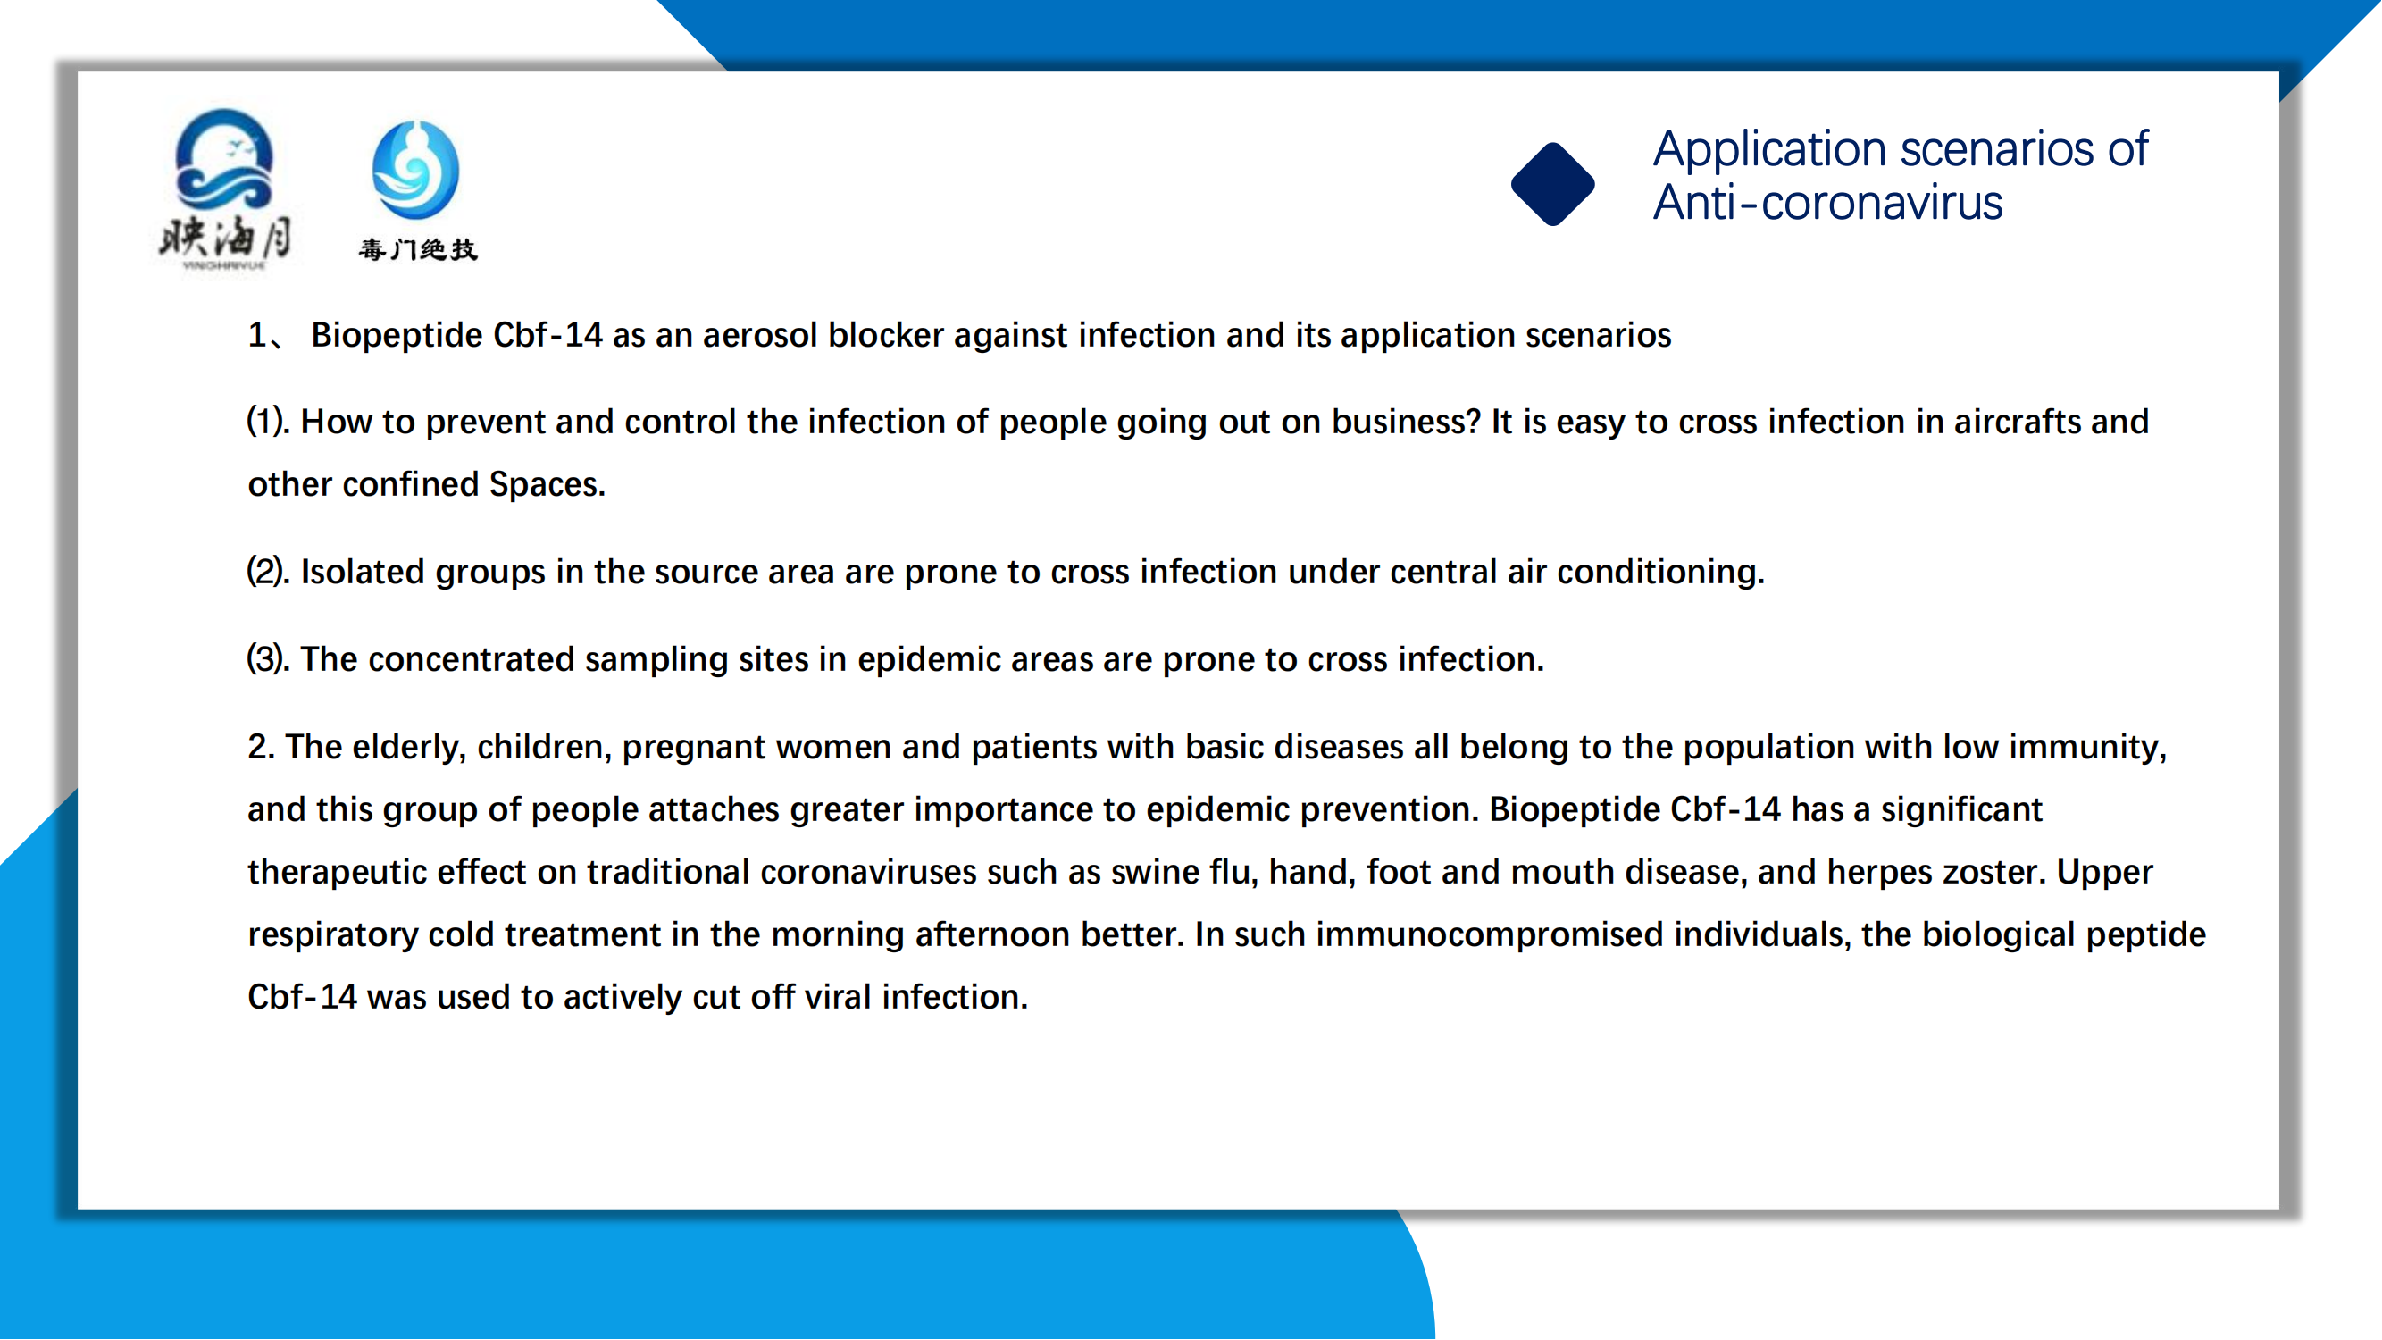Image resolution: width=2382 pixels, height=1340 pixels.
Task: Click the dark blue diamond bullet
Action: (x=1552, y=183)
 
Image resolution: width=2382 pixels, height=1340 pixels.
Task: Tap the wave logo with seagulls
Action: (x=225, y=188)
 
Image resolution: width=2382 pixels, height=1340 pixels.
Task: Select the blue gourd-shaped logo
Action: (x=415, y=169)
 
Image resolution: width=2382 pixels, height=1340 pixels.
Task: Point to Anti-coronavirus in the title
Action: (x=1828, y=203)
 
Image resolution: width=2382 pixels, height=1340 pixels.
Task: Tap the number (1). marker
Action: (x=268, y=422)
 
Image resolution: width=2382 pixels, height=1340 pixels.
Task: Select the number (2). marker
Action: (x=268, y=572)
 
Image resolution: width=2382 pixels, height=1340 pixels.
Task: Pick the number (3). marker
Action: (x=268, y=659)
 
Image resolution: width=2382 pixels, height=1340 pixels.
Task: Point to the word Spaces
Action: (x=547, y=485)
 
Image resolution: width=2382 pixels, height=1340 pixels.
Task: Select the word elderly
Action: (x=409, y=747)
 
